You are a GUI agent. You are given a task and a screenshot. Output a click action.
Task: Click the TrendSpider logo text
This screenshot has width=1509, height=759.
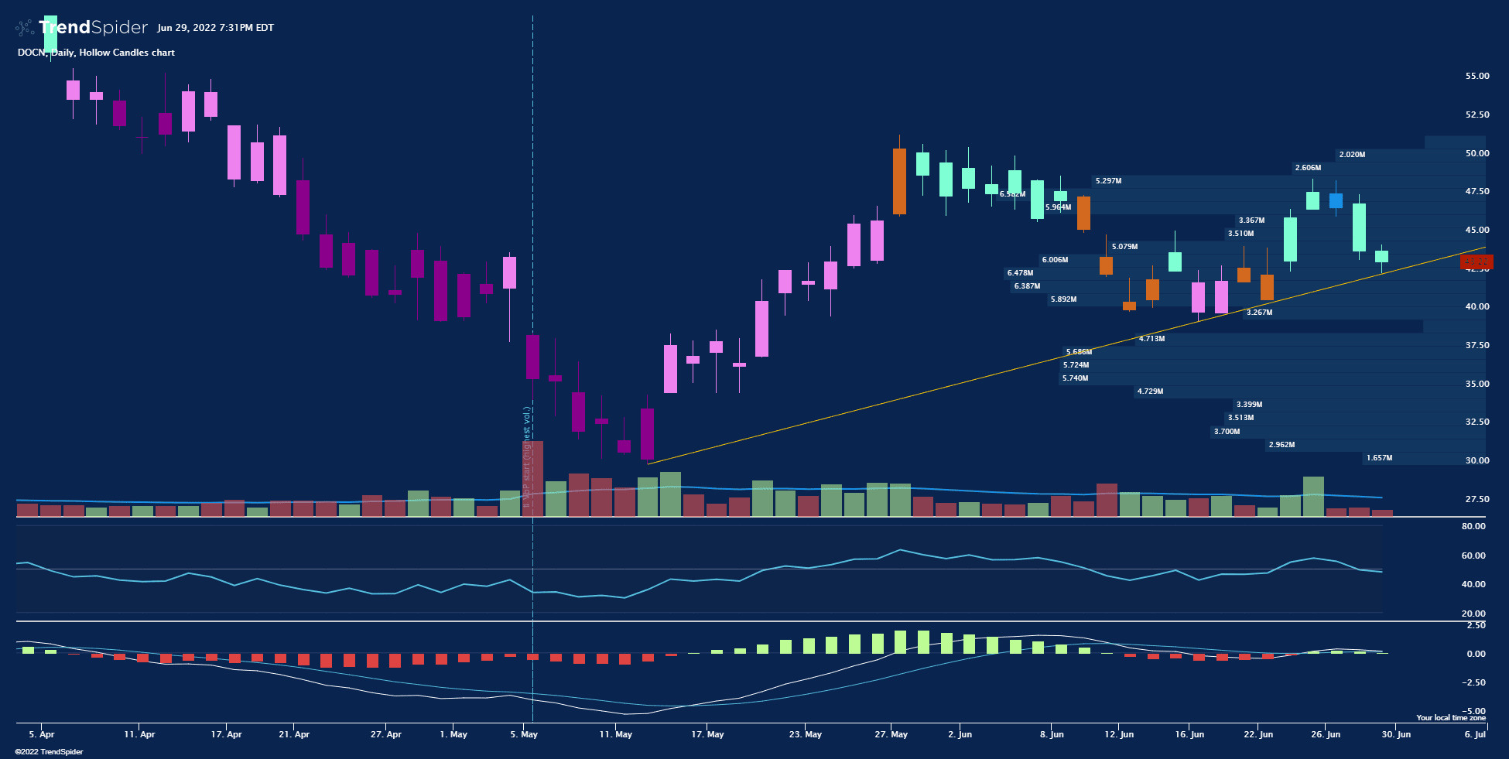(x=93, y=28)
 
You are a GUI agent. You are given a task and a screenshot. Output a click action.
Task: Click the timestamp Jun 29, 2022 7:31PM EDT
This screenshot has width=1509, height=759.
(x=215, y=28)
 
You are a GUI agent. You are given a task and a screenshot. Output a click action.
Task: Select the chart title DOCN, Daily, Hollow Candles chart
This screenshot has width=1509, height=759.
(x=96, y=53)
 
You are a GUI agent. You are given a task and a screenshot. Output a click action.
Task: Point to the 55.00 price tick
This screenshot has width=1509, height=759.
(x=1476, y=76)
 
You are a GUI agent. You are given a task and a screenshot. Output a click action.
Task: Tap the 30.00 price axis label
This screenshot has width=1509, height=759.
(x=1476, y=460)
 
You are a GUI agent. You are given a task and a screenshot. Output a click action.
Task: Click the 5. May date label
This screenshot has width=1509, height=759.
(x=524, y=734)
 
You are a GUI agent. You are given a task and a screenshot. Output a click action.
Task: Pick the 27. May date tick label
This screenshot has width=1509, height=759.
(x=891, y=734)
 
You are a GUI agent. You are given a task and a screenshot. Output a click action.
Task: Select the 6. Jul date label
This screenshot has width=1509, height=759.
(x=1475, y=734)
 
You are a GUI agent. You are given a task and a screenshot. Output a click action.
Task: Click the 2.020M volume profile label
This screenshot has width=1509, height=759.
(x=1352, y=155)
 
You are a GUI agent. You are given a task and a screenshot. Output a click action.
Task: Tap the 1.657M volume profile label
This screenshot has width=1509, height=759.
(x=1379, y=458)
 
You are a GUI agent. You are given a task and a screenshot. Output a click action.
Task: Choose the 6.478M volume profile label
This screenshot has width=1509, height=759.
(x=1020, y=273)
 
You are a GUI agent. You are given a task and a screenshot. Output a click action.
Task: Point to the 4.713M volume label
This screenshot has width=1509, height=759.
(x=1151, y=339)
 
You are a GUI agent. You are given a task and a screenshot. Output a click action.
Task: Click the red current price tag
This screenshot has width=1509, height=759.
(x=1476, y=262)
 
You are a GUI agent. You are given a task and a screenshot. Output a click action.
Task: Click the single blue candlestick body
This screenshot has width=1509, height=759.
(x=1336, y=201)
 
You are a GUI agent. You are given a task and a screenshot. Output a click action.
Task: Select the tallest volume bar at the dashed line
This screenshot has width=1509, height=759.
(x=532, y=478)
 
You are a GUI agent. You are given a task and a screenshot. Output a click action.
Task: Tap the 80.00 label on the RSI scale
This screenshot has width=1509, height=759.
(x=1473, y=526)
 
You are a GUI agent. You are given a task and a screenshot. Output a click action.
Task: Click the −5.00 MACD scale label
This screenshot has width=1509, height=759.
(x=1473, y=710)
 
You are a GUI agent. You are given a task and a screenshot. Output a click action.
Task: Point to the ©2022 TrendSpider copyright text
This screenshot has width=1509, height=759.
(x=49, y=752)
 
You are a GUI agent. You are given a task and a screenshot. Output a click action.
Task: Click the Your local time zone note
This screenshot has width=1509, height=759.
(x=1451, y=718)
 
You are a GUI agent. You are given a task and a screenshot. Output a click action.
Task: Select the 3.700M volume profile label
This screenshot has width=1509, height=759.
(x=1227, y=432)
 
